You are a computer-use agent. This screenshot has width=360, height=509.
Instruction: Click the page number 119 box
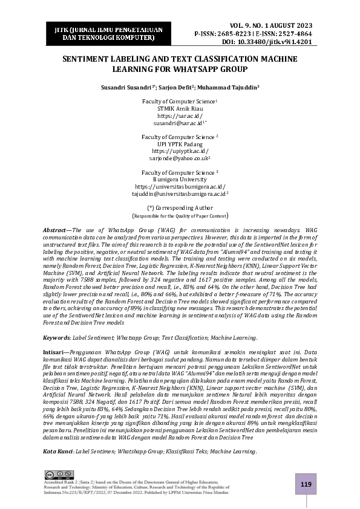[x=306, y=484]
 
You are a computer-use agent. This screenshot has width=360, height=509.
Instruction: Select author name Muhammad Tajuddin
[x=229, y=87]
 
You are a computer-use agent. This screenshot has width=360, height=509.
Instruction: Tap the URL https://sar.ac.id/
[x=180, y=115]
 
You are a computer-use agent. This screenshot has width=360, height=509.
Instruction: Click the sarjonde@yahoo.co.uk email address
[x=179, y=157]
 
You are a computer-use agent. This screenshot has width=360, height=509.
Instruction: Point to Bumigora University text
[x=180, y=179]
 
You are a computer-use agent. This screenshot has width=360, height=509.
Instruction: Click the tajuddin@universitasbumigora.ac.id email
[x=179, y=193]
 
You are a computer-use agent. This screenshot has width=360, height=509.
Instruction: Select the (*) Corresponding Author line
[x=180, y=207]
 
